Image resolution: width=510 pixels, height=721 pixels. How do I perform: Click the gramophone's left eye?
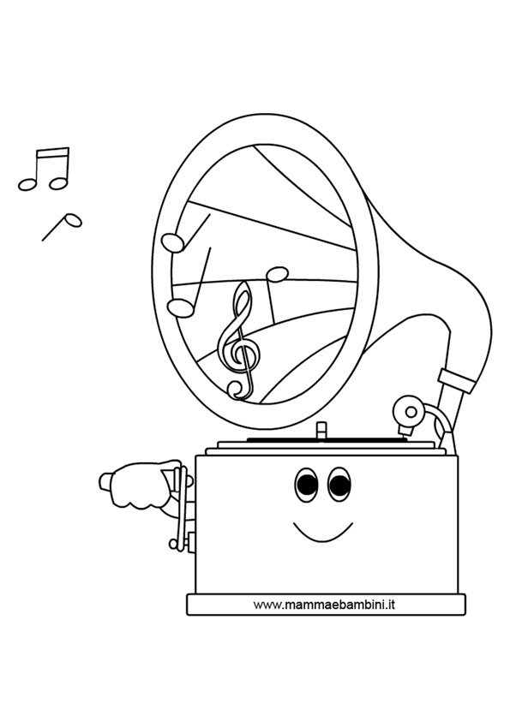pos(307,486)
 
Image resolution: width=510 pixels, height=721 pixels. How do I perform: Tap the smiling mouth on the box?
pos(322,533)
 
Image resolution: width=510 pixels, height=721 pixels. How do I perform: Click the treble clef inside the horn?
pos(238,341)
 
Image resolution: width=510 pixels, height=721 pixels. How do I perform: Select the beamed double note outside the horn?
pos(45,169)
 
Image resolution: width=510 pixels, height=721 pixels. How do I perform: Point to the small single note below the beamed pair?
pos(62,227)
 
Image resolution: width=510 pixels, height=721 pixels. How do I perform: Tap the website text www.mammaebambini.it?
pos(324,605)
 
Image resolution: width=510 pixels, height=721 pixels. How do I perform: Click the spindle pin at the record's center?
pos(321,431)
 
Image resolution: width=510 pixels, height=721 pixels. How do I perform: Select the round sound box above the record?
pos(408,412)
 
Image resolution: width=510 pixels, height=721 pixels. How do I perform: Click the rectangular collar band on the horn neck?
pos(456,381)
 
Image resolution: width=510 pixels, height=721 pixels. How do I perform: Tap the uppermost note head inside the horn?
pos(173,243)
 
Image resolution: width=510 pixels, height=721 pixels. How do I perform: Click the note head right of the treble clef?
pos(278,274)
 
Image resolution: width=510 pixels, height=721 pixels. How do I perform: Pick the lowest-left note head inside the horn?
pos(181,308)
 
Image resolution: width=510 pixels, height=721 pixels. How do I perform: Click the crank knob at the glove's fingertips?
pos(105,481)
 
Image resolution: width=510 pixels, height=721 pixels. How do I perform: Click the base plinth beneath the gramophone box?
pos(326,605)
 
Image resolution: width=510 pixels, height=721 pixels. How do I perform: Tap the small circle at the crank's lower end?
pos(173,544)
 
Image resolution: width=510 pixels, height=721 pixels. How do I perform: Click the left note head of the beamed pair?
pos(27,184)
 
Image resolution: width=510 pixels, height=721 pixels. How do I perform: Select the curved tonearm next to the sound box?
pos(437,420)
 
